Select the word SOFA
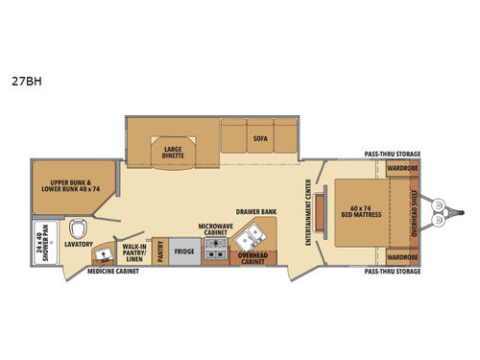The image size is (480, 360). tap(259, 138)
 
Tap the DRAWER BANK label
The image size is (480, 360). tap(254, 209)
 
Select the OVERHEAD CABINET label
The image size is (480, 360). tap(253, 255)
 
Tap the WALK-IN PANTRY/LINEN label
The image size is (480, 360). tap(133, 252)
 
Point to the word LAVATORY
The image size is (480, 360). tap(79, 245)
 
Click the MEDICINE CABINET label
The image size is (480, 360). tap(112, 272)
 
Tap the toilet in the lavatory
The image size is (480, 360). tap(83, 228)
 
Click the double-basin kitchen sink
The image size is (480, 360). tap(254, 235)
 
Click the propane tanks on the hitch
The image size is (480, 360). tap(439, 212)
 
